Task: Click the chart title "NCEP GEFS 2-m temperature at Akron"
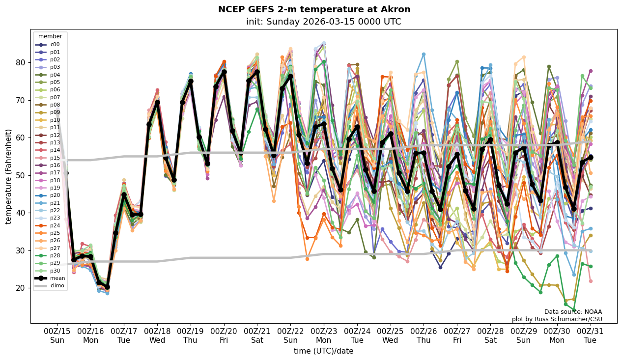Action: click(314, 9)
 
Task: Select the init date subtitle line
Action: click(323, 22)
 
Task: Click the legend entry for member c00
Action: click(55, 45)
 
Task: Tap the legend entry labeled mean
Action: click(57, 278)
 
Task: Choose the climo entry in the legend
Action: click(57, 285)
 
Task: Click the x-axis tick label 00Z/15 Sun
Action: click(57, 335)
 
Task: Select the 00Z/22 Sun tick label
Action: click(290, 335)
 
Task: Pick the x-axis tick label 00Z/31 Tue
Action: click(590, 335)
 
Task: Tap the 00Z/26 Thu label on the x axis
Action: click(424, 335)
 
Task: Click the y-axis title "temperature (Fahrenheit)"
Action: click(9, 176)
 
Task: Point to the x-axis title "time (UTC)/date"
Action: click(323, 351)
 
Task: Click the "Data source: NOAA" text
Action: click(573, 312)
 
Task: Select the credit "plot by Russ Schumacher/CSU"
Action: click(557, 319)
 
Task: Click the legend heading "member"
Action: click(50, 36)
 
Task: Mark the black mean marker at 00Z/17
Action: click(124, 195)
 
